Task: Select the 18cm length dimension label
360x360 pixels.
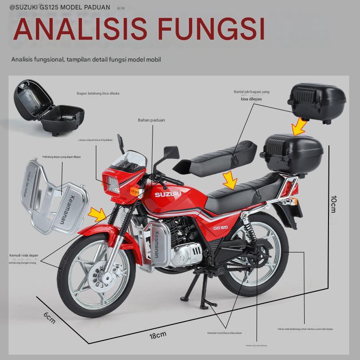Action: (158, 334)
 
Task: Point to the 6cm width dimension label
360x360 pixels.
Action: (49, 318)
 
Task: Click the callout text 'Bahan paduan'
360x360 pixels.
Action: (151, 120)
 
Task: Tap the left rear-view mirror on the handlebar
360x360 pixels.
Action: (170, 152)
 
